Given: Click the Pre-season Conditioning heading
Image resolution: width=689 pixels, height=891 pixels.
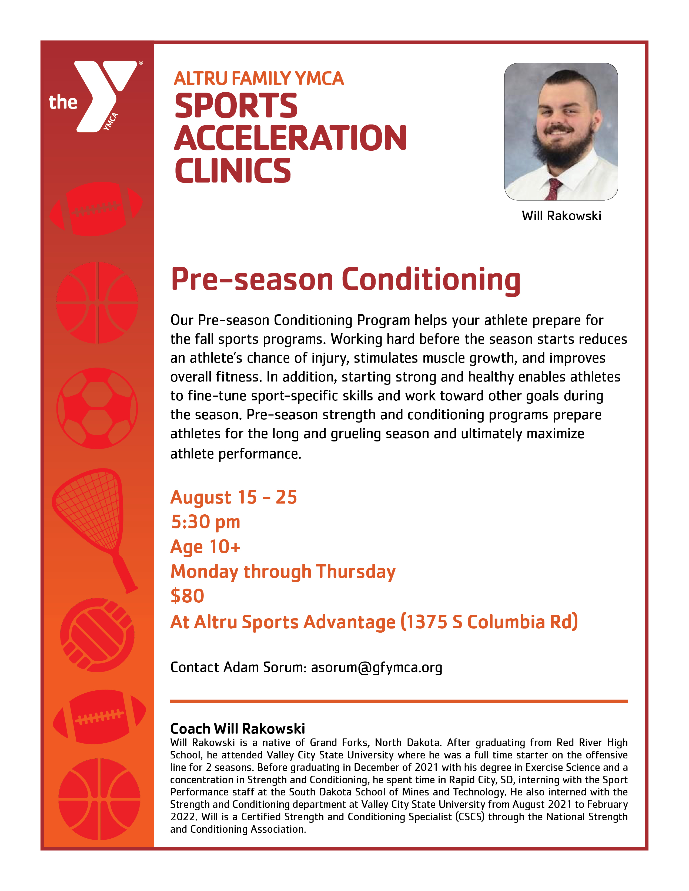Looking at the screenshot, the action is coord(345,280).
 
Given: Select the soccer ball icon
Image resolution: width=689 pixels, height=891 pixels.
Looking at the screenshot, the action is coord(97,408).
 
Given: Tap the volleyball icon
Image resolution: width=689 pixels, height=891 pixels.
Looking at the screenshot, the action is coord(97,635).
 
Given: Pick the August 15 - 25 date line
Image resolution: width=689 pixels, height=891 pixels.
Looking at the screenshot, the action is coord(233,497).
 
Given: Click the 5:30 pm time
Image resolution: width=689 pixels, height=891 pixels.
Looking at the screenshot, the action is coord(206,522).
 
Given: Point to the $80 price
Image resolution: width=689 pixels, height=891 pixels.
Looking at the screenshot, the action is coord(187,596).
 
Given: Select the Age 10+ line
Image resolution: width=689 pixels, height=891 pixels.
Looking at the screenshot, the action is coord(206,547).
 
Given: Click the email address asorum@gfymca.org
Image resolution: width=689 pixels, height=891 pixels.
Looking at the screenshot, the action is coord(377,667).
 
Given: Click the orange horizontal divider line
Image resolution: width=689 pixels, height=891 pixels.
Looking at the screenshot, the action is coord(399,701).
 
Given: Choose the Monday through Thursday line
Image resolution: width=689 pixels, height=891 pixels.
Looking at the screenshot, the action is coord(283,572).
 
